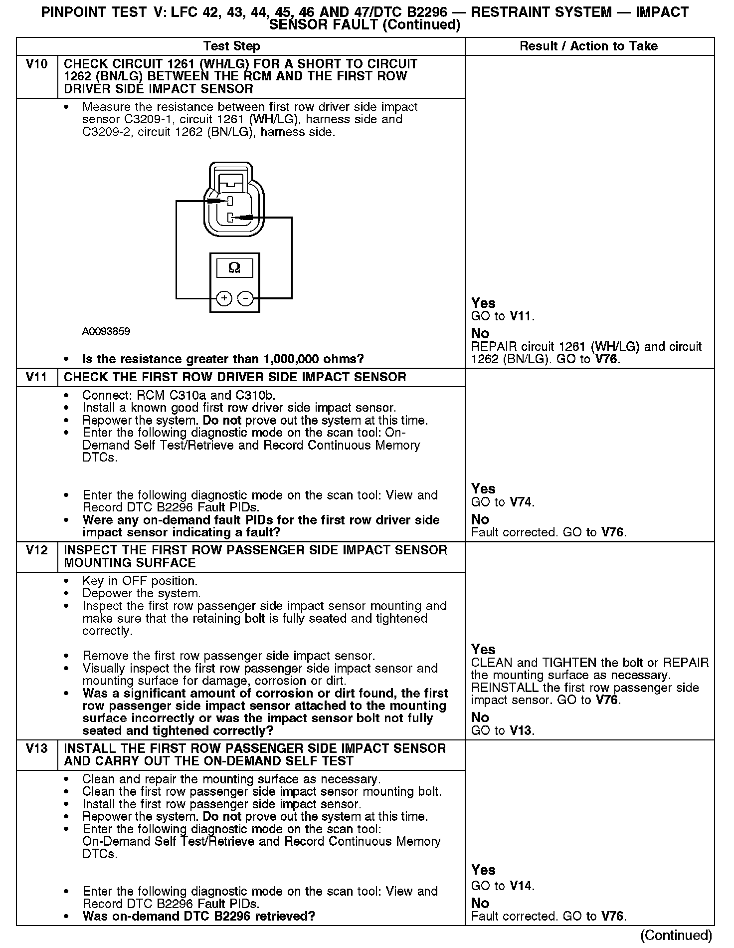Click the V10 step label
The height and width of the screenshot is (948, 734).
coord(37,64)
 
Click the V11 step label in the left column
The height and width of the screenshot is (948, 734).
coord(37,377)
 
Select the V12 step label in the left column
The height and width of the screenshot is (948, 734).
coord(37,550)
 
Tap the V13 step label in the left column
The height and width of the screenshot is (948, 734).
coord(37,749)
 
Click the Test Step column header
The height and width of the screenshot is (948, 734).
coord(232,46)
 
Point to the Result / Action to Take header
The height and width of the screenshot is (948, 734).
coord(588,46)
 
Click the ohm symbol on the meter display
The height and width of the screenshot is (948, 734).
coord(234,268)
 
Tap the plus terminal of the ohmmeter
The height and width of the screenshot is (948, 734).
coord(224,299)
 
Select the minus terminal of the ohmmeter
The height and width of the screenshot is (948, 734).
coord(245,299)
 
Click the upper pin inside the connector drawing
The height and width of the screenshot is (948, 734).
coord(229,201)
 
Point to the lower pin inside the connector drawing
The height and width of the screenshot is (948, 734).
coord(230,218)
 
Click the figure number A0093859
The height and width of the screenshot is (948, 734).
coord(106,331)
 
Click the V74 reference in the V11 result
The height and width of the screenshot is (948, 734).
coord(522,502)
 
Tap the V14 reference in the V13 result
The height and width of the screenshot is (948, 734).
coord(522,886)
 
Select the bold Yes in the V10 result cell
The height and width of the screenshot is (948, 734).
coord(483,303)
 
